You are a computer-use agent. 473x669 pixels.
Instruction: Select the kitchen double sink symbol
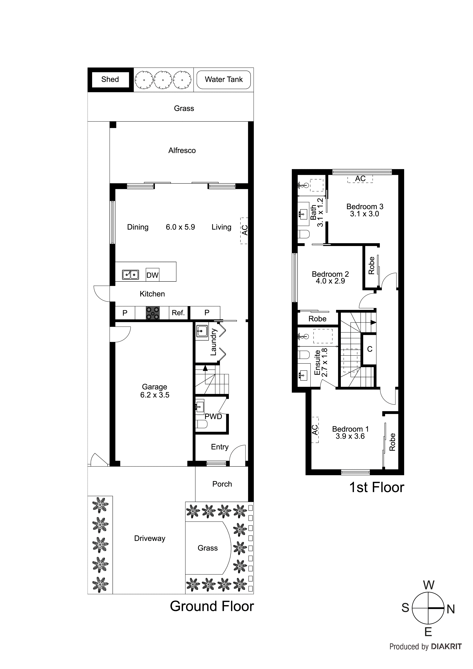tap(130, 274)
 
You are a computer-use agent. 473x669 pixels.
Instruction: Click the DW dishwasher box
tap(152, 275)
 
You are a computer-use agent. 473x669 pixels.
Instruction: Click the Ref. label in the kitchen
tap(178, 313)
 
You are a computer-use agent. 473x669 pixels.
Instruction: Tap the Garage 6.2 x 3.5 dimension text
tap(154, 395)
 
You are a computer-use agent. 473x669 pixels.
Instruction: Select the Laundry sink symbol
tap(202, 331)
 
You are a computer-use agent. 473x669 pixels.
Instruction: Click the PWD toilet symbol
tap(201, 424)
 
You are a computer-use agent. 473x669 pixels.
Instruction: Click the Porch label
tap(222, 484)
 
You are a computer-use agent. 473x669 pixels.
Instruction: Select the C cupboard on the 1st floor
tap(370, 349)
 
